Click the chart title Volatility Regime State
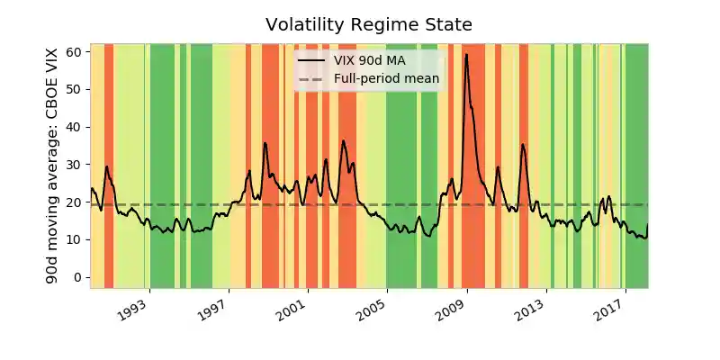pos(369,24)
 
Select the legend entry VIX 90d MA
pos(370,60)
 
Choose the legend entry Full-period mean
pos(386,79)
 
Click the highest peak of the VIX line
pos(466,54)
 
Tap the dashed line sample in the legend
pos(311,79)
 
